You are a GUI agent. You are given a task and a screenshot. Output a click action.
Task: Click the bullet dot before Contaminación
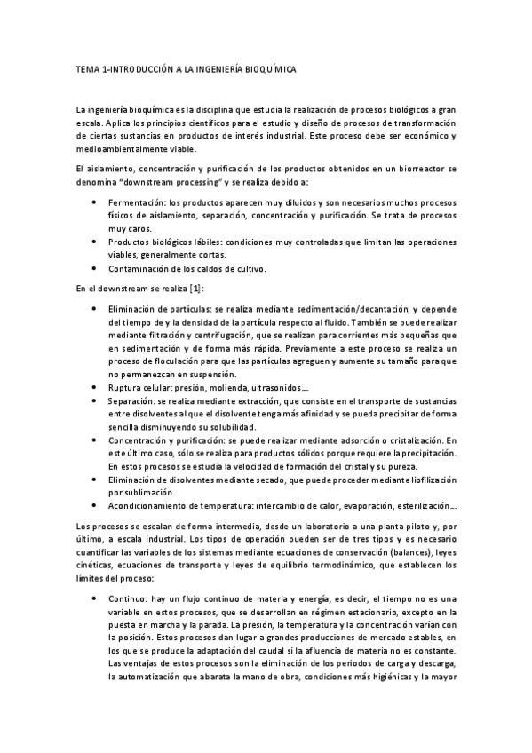[x=96, y=267]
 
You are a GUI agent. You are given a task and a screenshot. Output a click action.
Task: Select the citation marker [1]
[x=189, y=288]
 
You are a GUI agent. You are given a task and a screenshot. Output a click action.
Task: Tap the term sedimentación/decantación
[x=326, y=307]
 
